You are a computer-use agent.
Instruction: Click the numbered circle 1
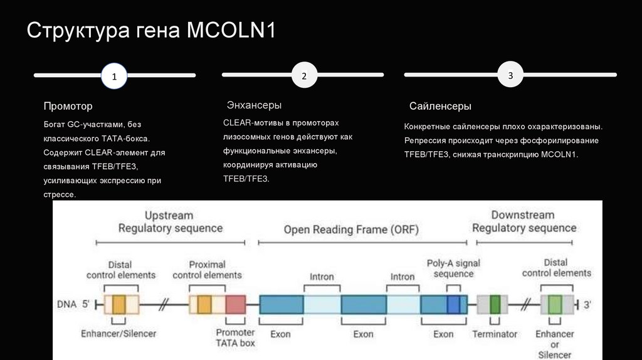click(x=114, y=77)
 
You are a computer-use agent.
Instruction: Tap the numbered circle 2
click(x=304, y=76)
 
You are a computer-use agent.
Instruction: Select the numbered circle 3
click(x=510, y=75)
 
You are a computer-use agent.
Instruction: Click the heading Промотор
click(x=68, y=107)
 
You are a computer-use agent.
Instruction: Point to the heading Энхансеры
click(x=254, y=105)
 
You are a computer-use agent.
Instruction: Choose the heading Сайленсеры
click(x=440, y=107)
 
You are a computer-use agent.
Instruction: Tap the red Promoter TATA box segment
click(x=236, y=305)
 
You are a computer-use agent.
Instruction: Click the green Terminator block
click(x=495, y=305)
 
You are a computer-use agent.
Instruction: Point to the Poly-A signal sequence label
click(x=453, y=268)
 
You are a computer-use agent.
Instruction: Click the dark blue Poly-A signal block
click(x=453, y=305)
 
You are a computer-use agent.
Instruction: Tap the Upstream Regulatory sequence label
click(x=170, y=221)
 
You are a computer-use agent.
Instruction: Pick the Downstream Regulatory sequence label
click(x=524, y=221)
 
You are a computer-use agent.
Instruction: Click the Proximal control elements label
click(x=207, y=270)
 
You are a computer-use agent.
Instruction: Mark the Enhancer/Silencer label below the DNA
click(x=118, y=333)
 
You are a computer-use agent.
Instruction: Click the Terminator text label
click(x=495, y=334)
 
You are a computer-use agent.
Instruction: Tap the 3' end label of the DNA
click(x=587, y=305)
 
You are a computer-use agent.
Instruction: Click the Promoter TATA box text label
click(x=235, y=337)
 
